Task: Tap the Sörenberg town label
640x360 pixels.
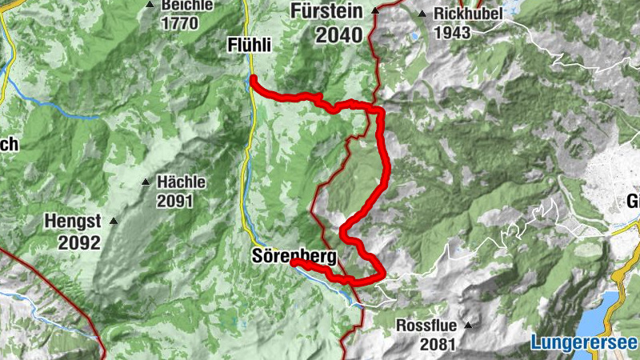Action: (294, 256)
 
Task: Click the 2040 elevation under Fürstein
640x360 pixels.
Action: (338, 35)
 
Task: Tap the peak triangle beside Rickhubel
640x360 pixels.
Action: (422, 14)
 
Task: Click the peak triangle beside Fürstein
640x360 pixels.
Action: (375, 11)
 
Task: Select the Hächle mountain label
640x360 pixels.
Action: (182, 182)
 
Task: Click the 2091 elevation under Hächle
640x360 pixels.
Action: (175, 202)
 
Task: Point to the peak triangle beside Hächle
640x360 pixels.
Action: (146, 182)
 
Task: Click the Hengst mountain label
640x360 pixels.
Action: (72, 222)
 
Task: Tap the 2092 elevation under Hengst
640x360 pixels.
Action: (78, 242)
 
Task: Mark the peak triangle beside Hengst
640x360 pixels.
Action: (114, 221)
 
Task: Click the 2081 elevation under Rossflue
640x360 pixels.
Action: (435, 345)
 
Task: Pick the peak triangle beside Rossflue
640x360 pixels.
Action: (469, 326)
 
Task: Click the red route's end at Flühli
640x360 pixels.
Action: (253, 78)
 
